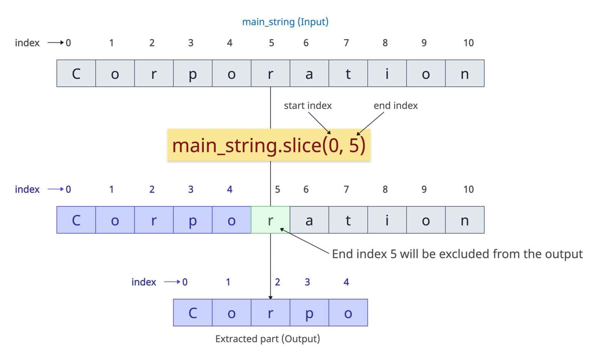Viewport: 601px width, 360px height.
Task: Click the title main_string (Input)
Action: [x=285, y=22]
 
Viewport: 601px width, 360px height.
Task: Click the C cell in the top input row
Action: [x=76, y=73]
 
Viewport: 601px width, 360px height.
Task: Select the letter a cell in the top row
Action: [x=309, y=73]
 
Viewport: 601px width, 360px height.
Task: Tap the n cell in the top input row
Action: [x=465, y=73]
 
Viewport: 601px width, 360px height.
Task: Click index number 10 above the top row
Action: [x=468, y=43]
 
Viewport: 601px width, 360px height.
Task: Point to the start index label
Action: [x=308, y=106]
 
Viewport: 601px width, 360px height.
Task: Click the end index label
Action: [x=396, y=106]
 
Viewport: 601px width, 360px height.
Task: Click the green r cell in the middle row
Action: [x=270, y=220]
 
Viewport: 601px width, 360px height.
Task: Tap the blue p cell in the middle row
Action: [x=192, y=220]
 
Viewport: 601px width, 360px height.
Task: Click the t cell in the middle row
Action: [x=348, y=220]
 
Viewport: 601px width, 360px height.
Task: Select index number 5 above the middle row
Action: [x=277, y=189]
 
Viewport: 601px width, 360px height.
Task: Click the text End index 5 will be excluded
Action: [x=457, y=254]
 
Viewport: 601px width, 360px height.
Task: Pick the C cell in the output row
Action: [x=193, y=313]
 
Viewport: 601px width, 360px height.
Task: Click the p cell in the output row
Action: [x=309, y=313]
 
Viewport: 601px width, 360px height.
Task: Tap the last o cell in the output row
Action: [x=348, y=313]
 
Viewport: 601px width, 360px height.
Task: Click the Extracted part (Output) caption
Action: [x=267, y=339]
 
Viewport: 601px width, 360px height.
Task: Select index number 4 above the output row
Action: [x=346, y=282]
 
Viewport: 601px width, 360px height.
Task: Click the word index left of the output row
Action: [x=143, y=282]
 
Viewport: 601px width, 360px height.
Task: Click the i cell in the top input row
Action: [x=387, y=73]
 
